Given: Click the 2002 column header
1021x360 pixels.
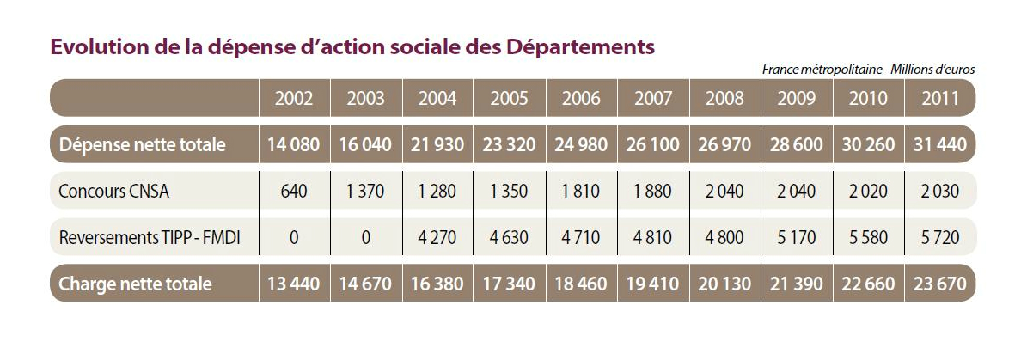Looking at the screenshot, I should click(294, 97).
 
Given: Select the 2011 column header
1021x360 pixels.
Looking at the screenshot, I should click(939, 97).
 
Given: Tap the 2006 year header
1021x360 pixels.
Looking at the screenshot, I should click(581, 97).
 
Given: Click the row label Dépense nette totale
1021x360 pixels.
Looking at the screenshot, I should click(142, 144).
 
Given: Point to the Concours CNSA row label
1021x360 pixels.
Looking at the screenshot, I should click(114, 191).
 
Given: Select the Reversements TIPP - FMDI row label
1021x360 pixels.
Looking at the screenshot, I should click(149, 237).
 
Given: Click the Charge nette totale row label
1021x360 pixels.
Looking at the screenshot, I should click(135, 284).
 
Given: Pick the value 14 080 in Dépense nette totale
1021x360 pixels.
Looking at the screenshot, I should click(294, 144).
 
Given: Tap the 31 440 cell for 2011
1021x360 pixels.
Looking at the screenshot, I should click(939, 144).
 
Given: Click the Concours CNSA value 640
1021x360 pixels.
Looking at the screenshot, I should click(294, 191).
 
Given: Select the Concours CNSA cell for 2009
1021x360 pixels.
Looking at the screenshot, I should click(797, 191).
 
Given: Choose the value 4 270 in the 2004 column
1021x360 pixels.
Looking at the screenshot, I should click(437, 237).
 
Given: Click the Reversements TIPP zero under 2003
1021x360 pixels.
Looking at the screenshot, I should click(366, 237).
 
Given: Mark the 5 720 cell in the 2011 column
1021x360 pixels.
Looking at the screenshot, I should click(939, 237).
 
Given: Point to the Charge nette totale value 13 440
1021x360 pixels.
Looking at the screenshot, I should click(294, 284).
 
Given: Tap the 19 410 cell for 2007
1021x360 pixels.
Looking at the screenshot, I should click(653, 284).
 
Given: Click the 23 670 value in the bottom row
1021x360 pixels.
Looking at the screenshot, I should click(939, 284).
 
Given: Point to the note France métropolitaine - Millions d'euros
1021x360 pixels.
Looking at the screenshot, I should click(868, 70).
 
